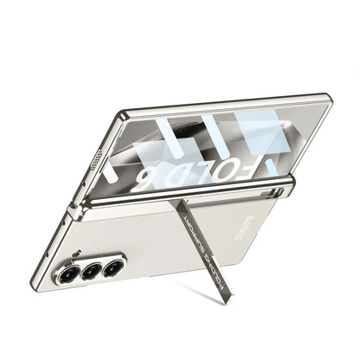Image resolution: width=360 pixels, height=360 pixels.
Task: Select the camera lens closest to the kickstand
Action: pyautogui.click(x=109, y=267)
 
